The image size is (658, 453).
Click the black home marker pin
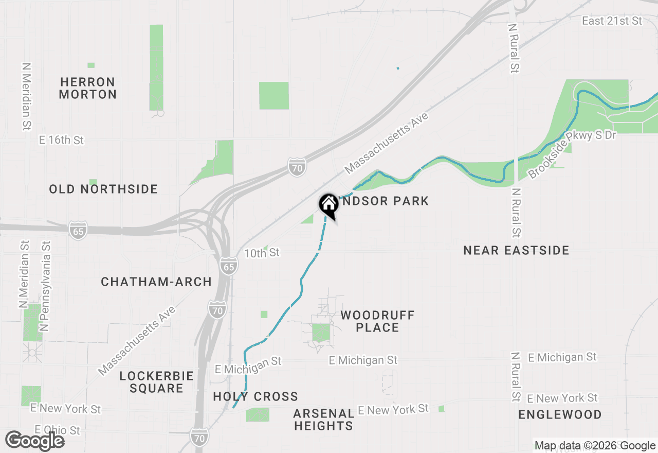(328, 205)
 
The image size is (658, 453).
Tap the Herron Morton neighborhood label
(88, 88)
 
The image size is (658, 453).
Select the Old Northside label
(103, 189)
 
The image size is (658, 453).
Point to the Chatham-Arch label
(156, 282)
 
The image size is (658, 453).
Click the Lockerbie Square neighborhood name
(156, 382)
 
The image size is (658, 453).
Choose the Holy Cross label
(255, 396)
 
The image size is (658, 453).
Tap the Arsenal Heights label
(323, 420)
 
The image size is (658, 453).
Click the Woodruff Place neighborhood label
(377, 321)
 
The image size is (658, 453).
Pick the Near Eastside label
(516, 250)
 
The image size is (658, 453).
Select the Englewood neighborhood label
(560, 414)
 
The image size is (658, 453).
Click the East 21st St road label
(612, 21)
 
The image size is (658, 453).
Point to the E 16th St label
(62, 140)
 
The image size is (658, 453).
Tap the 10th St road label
(262, 253)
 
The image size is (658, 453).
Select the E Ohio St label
(58, 430)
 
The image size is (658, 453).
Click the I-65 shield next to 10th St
(229, 266)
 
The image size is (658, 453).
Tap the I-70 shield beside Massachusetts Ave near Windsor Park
(297, 167)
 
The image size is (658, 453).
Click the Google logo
(34, 441)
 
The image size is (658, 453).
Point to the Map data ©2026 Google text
(595, 446)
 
